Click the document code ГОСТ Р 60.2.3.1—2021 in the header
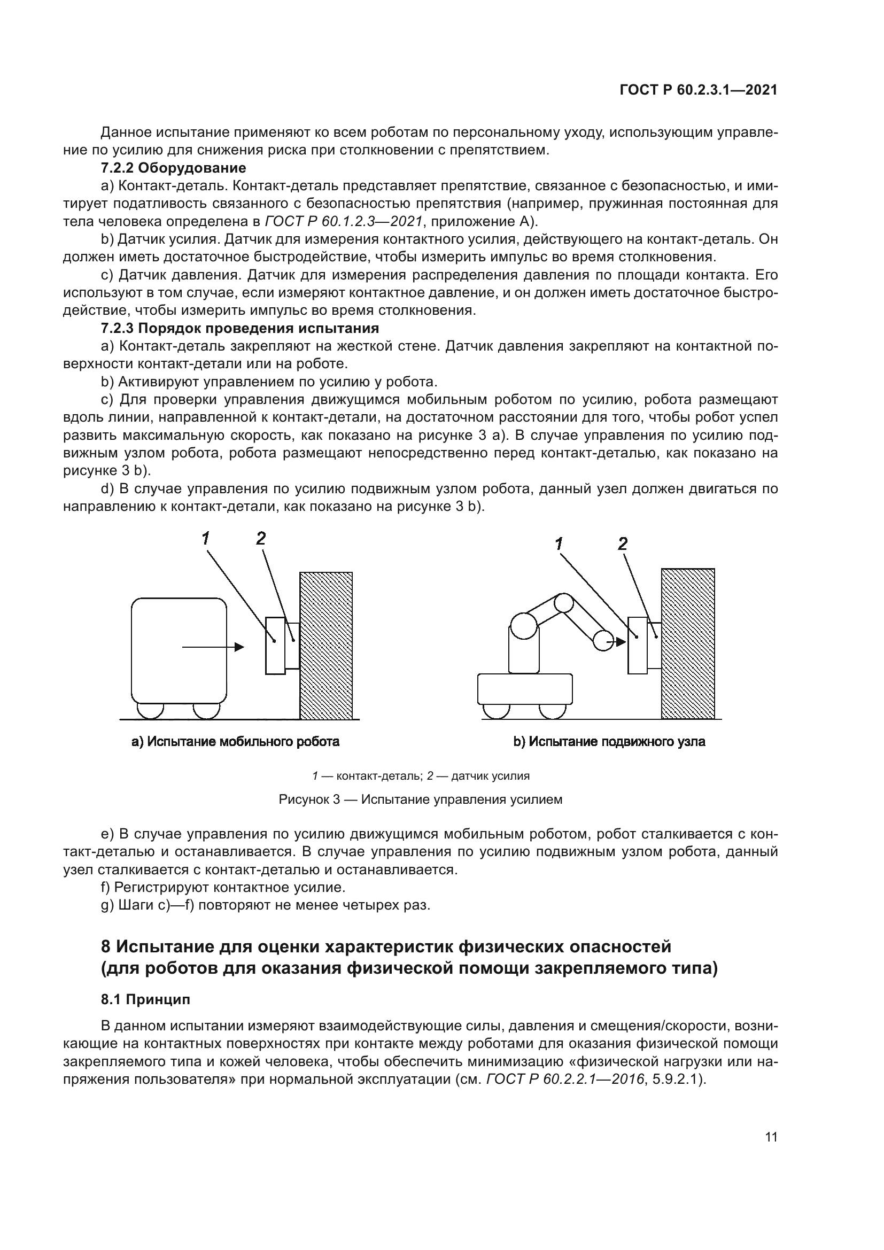[699, 90]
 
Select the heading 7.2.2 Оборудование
[173, 168]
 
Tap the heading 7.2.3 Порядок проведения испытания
[239, 328]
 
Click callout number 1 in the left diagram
[205, 539]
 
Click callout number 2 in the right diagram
[623, 544]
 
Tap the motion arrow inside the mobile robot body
[212, 647]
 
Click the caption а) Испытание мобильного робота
[235, 742]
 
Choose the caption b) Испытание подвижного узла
[609, 742]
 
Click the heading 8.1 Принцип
[145, 999]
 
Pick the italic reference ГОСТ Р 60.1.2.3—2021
[344, 222]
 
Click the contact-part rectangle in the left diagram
[275, 646]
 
